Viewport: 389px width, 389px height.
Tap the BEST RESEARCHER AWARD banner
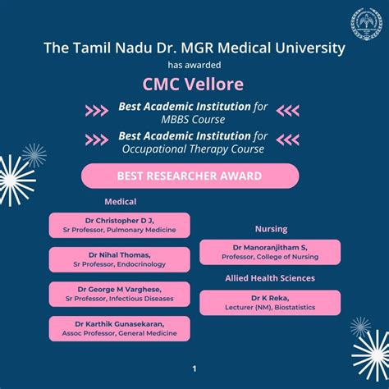(x=190, y=176)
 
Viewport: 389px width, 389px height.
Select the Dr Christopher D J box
(x=120, y=225)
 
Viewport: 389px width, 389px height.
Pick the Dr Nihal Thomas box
(x=120, y=259)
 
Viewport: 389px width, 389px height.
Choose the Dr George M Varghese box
(x=120, y=294)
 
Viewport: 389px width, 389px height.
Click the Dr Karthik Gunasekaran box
(x=120, y=328)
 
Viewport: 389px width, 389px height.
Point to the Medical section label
(x=120, y=202)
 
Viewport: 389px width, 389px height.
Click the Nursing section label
(x=271, y=230)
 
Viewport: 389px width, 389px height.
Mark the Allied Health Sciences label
(x=270, y=278)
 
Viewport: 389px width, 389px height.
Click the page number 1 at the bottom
(x=194, y=368)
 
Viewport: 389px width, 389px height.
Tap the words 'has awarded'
(x=194, y=65)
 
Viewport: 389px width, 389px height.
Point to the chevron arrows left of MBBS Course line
(x=97, y=111)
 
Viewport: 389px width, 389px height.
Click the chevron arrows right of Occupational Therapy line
(x=288, y=141)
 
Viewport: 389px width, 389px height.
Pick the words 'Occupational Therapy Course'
(x=193, y=150)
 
